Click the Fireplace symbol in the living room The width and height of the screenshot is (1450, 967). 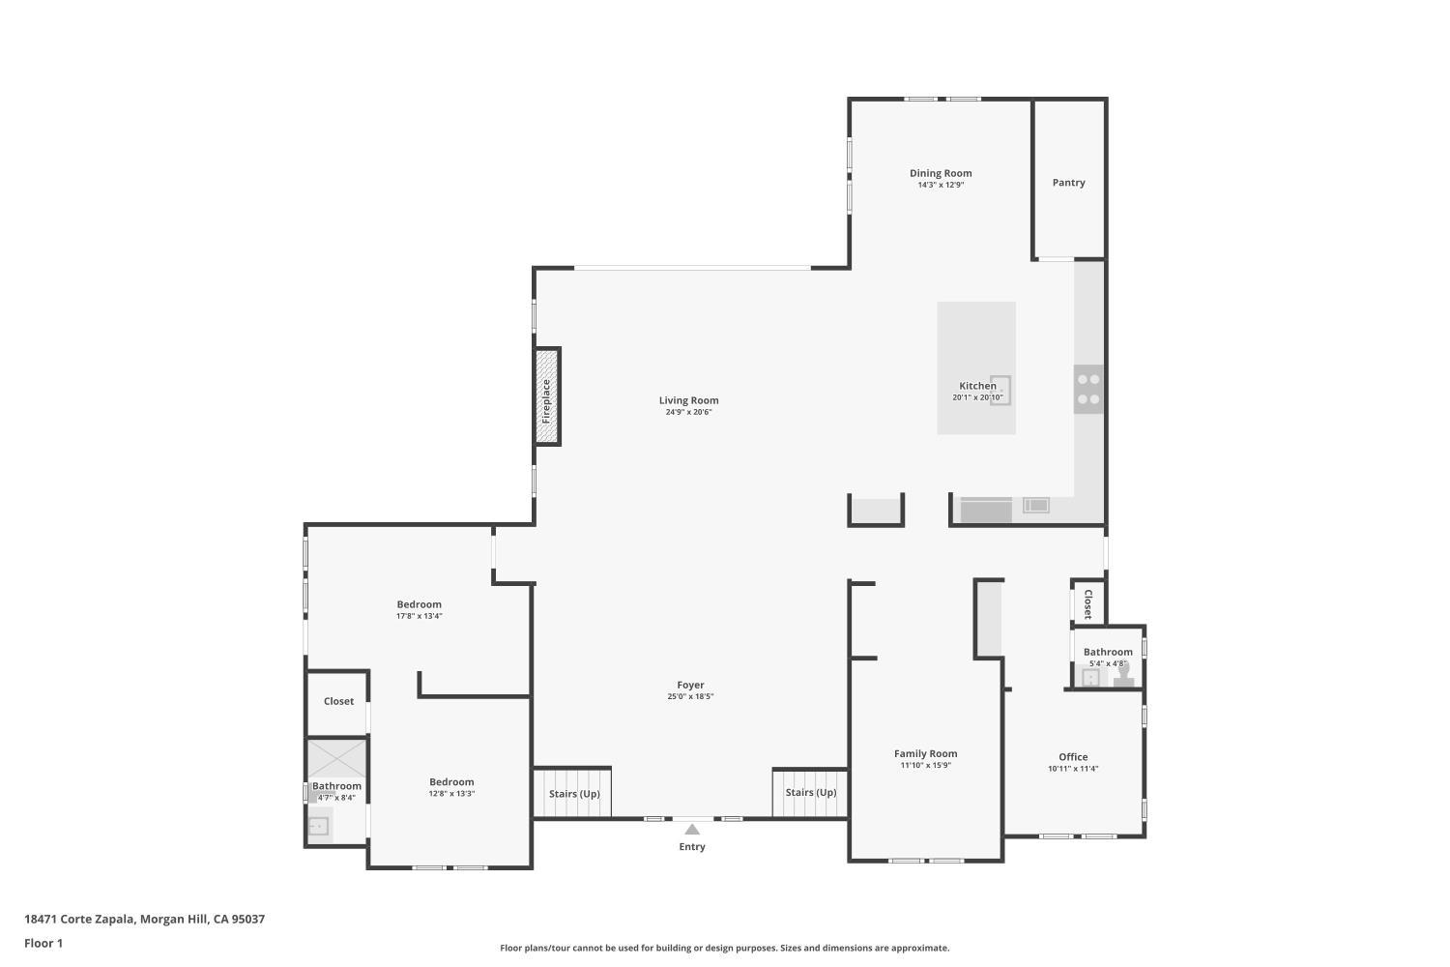point(547,396)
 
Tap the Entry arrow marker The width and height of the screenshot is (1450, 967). point(692,830)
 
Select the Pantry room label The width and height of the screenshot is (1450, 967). point(1068,183)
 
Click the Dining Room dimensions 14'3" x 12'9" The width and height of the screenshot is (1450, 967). point(941,185)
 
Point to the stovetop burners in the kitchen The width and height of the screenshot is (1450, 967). point(1088,389)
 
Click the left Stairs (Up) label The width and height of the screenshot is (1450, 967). point(574,794)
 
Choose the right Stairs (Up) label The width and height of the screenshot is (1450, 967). point(811,793)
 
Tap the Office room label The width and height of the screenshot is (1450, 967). point(1073,757)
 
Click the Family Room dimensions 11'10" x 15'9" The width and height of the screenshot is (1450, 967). point(925,766)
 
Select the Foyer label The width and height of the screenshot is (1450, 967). point(690,685)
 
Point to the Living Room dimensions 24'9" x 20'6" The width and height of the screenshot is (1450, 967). point(688,412)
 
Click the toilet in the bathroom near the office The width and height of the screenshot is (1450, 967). point(1122,676)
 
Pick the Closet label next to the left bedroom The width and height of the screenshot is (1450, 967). point(338,701)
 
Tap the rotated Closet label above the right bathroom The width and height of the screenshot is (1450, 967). point(1087,603)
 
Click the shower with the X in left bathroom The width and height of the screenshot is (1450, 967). point(337,758)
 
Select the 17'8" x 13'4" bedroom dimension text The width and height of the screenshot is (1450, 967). point(419,616)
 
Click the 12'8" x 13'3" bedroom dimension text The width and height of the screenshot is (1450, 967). point(451,794)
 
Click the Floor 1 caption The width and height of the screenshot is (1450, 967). point(43,943)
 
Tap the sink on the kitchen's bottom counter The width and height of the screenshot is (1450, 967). point(1035,505)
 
